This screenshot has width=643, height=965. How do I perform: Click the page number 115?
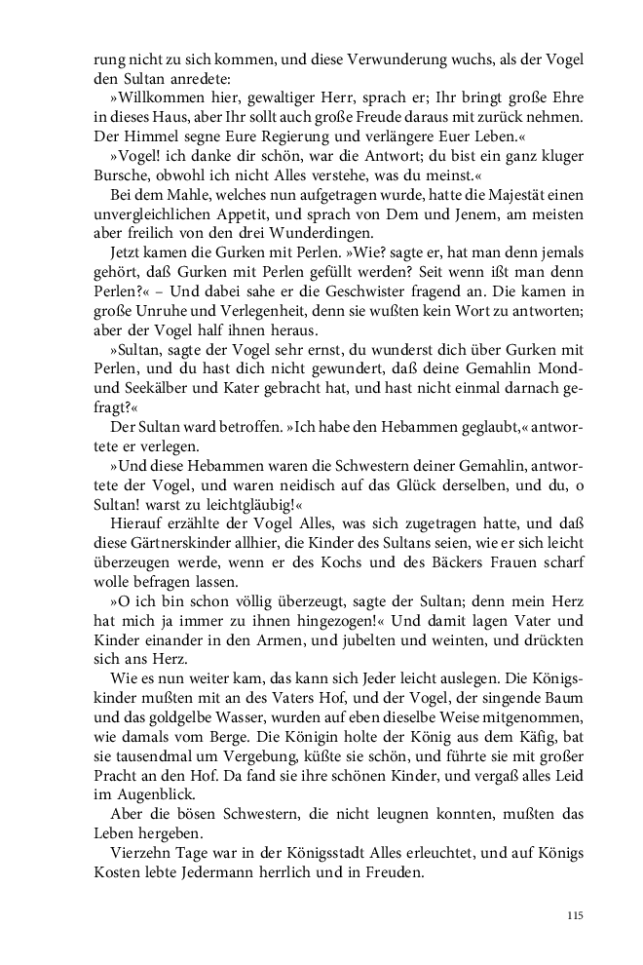(x=574, y=915)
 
